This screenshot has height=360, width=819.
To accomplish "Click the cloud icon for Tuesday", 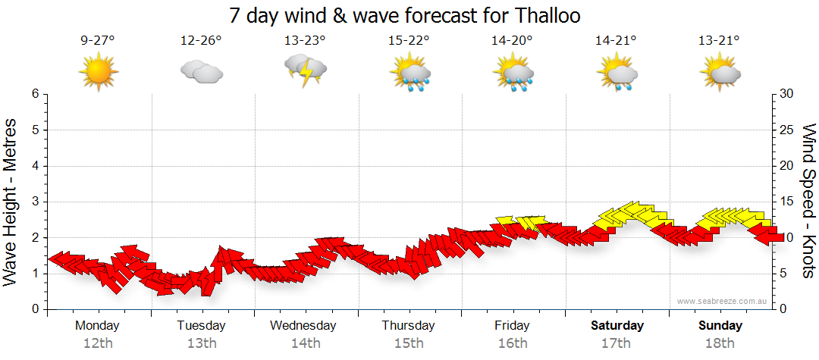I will click(x=201, y=72).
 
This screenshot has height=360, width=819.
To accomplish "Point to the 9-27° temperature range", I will click(x=98, y=41).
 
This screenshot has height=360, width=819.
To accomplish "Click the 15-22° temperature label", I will click(x=409, y=41).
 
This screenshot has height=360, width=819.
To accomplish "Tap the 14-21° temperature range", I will click(x=616, y=41).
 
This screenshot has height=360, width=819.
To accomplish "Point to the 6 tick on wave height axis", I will click(x=35, y=94).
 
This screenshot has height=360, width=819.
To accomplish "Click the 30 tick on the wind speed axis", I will click(x=787, y=94).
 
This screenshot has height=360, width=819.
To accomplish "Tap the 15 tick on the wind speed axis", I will click(x=787, y=202).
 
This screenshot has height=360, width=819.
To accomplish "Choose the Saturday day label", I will click(x=617, y=326).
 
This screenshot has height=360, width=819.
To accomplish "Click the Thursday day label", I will click(x=408, y=326).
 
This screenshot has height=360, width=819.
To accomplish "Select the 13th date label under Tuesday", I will click(x=201, y=343).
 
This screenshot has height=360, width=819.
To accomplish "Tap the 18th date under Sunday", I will click(x=720, y=343).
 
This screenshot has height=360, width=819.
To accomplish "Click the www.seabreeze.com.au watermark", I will click(x=723, y=301).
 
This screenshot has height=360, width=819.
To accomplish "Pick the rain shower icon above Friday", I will click(x=513, y=73).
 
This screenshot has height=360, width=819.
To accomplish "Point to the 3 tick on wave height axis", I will click(x=35, y=202).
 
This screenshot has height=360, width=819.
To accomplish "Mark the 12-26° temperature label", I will click(x=201, y=41).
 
